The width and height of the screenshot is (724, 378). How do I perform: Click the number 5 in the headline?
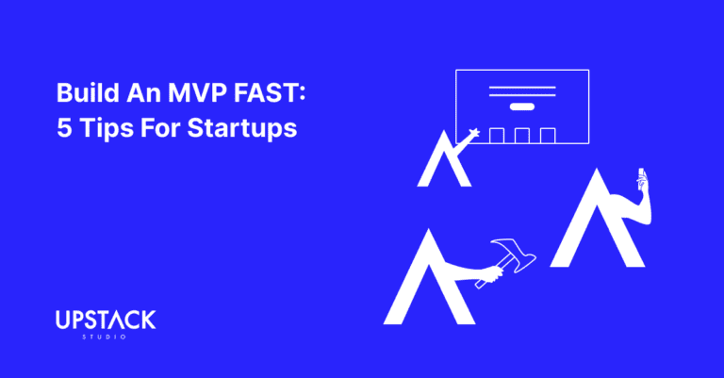click(x=64, y=128)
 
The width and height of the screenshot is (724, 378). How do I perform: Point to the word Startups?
click(x=242, y=129)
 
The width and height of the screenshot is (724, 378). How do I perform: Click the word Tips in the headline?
click(x=106, y=129)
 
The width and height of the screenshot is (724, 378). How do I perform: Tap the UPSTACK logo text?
click(x=106, y=320)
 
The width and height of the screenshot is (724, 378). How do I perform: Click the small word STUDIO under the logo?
click(x=105, y=337)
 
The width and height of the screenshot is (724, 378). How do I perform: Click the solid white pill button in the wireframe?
click(x=521, y=107)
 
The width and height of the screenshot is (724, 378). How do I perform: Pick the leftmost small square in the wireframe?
click(x=497, y=136)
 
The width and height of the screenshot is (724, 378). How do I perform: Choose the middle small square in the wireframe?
click(x=521, y=136)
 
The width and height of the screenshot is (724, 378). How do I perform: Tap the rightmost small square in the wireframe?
click(x=548, y=136)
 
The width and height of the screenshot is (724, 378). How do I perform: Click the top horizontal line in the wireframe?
click(x=521, y=88)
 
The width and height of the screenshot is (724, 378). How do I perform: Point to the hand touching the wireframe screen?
click(x=473, y=134)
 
